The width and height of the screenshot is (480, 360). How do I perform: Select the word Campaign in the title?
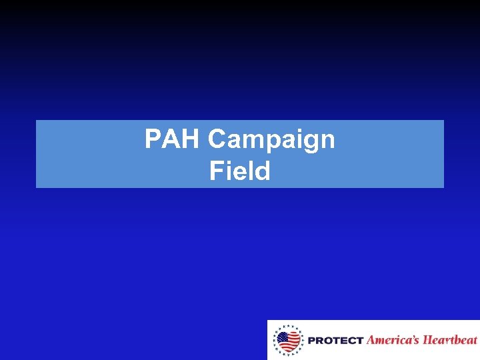pos(271,140)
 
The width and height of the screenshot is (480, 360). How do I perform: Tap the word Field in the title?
pos(239,172)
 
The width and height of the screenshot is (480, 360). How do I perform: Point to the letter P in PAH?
pos(153,139)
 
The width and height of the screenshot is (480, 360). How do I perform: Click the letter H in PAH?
pos(192,139)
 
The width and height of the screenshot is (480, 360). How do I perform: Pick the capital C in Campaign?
pos(219,139)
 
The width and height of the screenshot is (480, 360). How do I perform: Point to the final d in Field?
pos(263,172)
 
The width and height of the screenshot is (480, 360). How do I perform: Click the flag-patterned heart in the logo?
pos(289,341)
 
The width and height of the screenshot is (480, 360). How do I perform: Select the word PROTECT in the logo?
pos(335,341)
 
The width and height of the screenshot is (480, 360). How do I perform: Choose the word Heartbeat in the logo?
pos(451,340)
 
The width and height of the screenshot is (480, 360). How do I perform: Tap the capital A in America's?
pos(372,340)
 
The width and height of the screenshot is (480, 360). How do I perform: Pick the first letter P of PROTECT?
pos(311,341)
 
